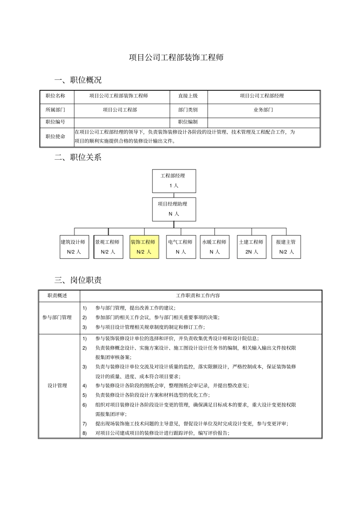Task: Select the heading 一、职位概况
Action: coord(78,80)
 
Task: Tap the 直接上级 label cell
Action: coord(188,96)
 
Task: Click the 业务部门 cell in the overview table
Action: coord(263,110)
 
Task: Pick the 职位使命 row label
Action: coord(55,137)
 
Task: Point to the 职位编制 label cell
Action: coord(188,122)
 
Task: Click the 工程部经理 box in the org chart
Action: coord(174,181)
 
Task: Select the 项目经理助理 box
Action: coord(174,209)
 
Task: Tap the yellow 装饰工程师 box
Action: coord(144,247)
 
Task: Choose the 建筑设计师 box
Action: coord(74,247)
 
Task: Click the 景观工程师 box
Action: coord(108,247)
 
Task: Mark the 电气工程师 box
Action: coord(181,247)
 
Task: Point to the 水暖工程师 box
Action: coord(214,247)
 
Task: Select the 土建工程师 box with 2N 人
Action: coord(251,247)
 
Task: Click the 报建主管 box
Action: coord(286,247)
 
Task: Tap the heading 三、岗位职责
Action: coord(78,280)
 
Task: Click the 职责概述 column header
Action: coord(57,295)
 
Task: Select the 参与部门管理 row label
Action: coord(57,317)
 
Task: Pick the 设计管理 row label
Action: coord(57,386)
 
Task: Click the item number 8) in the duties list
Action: coord(85,433)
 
